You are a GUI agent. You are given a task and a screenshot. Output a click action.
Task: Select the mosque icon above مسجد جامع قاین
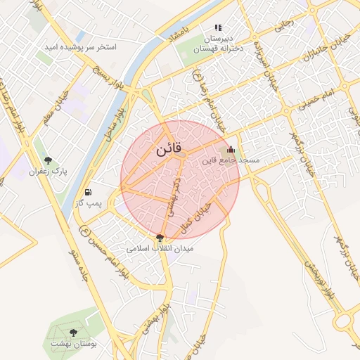231,150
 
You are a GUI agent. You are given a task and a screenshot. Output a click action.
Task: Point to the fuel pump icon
88,192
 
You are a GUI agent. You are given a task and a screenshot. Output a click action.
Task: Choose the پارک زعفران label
47,172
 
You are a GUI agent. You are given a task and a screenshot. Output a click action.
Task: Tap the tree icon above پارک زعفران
48,161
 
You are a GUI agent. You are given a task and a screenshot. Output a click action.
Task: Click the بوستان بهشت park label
73,344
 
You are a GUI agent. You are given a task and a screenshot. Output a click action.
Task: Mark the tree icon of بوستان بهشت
73,333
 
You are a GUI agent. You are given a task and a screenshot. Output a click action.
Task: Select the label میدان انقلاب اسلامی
160,249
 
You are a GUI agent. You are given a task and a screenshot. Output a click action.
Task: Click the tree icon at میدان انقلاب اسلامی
160,238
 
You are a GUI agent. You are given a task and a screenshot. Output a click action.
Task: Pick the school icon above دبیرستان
218,27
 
